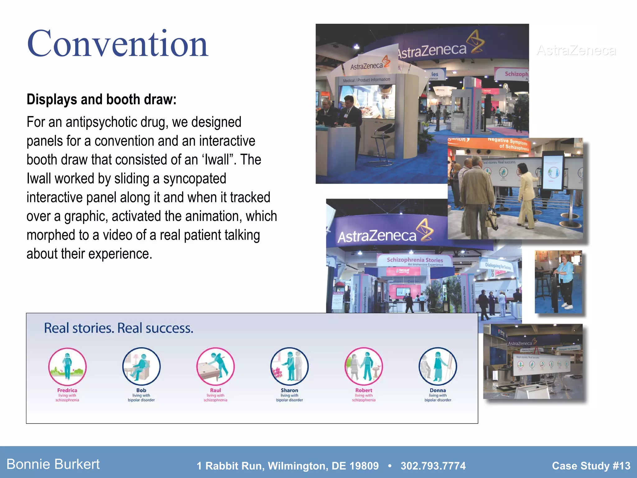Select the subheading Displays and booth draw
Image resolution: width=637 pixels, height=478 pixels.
point(101,100)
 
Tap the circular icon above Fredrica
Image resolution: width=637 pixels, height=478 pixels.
point(67,366)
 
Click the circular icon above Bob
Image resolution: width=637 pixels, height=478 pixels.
point(141,366)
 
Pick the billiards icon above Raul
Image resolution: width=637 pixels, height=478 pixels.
point(215,366)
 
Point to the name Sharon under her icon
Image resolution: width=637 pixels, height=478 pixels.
point(289,390)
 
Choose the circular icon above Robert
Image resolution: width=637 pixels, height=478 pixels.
point(364,366)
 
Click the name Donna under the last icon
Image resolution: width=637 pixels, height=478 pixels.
point(438,390)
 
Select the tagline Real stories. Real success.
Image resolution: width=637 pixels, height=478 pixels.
point(119,328)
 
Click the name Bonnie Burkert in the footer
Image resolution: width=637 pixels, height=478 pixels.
point(53,464)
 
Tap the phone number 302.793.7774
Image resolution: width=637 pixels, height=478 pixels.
point(433,466)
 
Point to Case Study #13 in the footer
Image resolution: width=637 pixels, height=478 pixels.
point(591,466)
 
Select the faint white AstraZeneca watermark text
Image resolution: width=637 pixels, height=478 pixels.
point(576,50)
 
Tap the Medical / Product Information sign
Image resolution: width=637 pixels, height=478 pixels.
point(366,80)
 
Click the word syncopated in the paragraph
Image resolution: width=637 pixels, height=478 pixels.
point(194,179)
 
